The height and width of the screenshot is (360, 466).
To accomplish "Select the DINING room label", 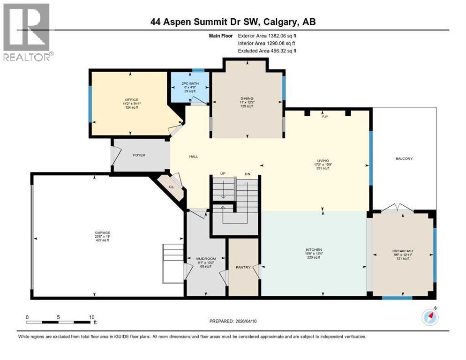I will pyautogui.click(x=247, y=98).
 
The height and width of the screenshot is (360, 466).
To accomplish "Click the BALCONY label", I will pyautogui.click(x=404, y=158).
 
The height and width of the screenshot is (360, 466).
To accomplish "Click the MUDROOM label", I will pyautogui.click(x=205, y=258).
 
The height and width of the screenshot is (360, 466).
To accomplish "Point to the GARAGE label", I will pyautogui.click(x=103, y=232).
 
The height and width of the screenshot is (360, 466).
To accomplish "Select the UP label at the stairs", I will pyautogui.click(x=223, y=174).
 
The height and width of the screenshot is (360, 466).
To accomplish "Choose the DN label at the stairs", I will pyautogui.click(x=247, y=174).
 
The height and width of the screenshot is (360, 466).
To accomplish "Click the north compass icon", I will pyautogui.click(x=430, y=317).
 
